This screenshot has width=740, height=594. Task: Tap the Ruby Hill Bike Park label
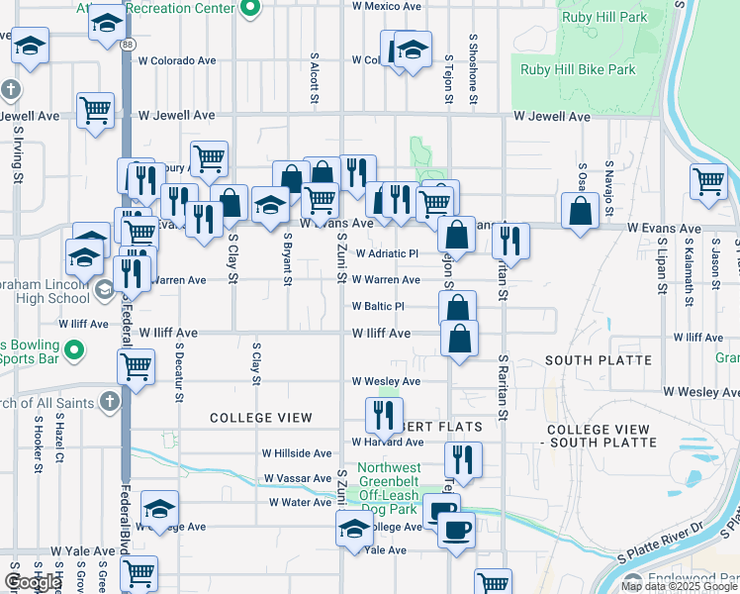pyautogui.click(x=579, y=70)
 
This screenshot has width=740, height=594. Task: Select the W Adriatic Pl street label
pyautogui.click(x=387, y=253)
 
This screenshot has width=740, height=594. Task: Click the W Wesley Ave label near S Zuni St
pyautogui.click(x=386, y=381)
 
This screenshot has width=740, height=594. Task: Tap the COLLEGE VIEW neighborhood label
pyautogui.click(x=261, y=418)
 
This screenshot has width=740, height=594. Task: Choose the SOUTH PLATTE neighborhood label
pyautogui.click(x=598, y=360)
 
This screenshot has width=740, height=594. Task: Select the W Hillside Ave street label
pyautogui.click(x=297, y=452)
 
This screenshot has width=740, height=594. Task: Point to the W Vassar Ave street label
pyautogui.click(x=298, y=478)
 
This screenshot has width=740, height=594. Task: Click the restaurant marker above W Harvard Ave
pyautogui.click(x=385, y=413)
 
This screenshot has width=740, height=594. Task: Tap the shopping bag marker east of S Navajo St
pyautogui.click(x=580, y=210)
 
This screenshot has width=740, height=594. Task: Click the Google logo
pyautogui.click(x=33, y=582)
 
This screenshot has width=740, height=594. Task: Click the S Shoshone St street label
pyautogui.click(x=474, y=70)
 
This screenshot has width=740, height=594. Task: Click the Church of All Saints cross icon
pyautogui.click(x=110, y=403)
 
